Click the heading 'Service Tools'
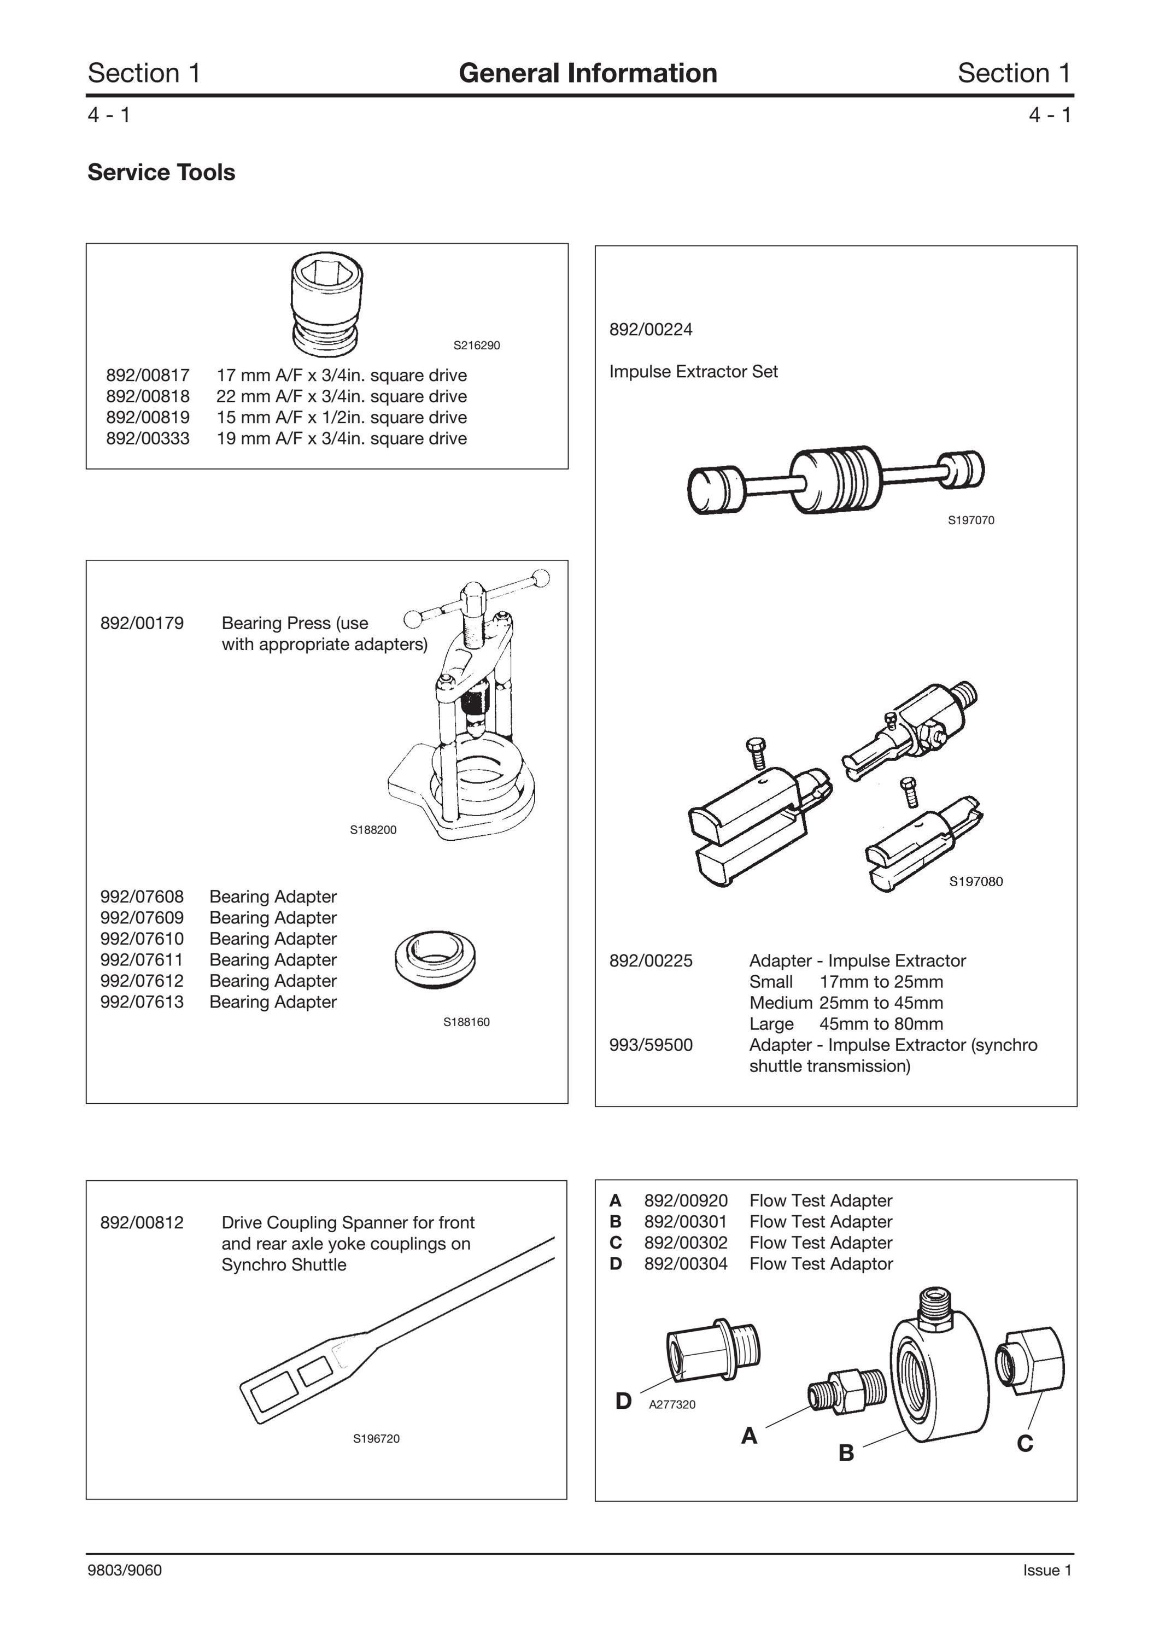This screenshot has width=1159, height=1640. coord(161,172)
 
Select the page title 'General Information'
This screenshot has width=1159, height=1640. coord(588,73)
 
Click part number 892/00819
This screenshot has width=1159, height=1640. coord(148,417)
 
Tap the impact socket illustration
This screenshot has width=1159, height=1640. coord(327,305)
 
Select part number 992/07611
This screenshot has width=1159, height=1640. coord(142,959)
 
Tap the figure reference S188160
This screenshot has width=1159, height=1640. coord(466,1022)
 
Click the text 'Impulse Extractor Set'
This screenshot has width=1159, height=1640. coord(693,371)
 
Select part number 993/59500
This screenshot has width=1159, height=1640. coord(651,1045)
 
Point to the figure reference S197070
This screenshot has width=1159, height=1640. coord(970,521)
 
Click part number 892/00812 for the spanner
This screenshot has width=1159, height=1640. coord(142,1222)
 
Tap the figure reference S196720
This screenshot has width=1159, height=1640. coord(376,1439)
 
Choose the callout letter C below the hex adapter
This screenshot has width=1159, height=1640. coord(1025,1444)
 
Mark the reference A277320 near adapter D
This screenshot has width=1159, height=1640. coord(672,1404)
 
